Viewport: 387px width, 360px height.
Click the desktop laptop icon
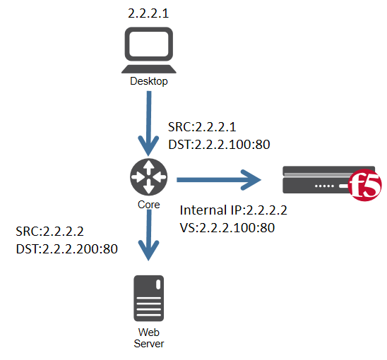pyautogui.click(x=148, y=50)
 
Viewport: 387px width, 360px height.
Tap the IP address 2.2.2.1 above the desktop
pyautogui.click(x=149, y=14)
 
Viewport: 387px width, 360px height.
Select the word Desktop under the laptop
pyautogui.click(x=149, y=81)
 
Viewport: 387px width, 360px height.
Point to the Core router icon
pyautogui.click(x=149, y=177)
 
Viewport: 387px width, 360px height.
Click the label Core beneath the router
pyautogui.click(x=149, y=205)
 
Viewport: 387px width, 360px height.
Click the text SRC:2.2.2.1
pyautogui.click(x=201, y=128)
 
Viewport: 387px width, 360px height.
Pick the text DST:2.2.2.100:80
pyautogui.click(x=220, y=145)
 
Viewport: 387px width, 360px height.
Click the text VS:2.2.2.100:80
pyautogui.click(x=227, y=227)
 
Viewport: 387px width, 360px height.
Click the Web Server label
pyautogui.click(x=149, y=337)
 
